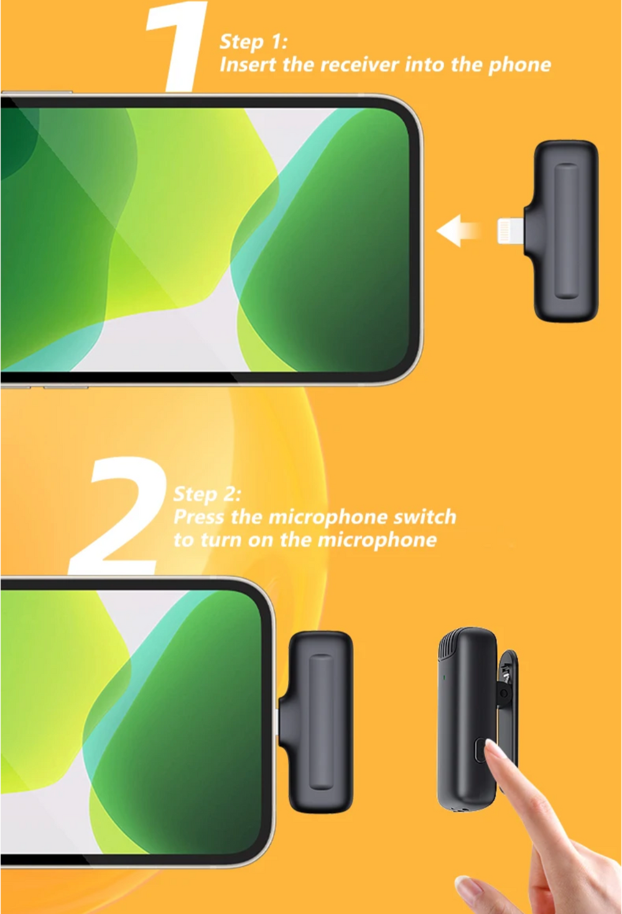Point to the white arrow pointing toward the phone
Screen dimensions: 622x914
[x=458, y=231]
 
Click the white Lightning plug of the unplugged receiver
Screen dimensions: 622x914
[x=510, y=231]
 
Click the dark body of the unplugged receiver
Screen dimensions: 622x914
[x=566, y=231]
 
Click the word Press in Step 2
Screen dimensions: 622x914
[x=198, y=518]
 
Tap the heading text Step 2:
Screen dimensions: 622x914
[x=207, y=495]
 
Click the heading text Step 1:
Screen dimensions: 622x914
[x=254, y=42]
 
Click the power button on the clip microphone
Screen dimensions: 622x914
[x=480, y=750]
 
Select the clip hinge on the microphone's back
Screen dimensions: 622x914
[x=504, y=693]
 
